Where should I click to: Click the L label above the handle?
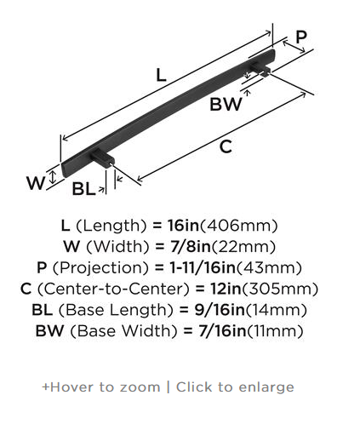pos(161,76)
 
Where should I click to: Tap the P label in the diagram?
pos(301,37)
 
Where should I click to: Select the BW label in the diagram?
pos(226,104)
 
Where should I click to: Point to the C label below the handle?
pos(226,147)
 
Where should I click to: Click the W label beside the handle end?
pos(36,183)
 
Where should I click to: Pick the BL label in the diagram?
pos(83,189)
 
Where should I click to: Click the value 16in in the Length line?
pos(184,226)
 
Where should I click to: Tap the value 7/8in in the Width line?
pos(191,246)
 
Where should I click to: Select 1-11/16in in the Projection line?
pos(203,267)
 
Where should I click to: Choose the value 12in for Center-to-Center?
pos(226,289)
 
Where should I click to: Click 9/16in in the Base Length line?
pos(220,310)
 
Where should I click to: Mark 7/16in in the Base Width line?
pos(222,331)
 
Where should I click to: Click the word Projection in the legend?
pos(100,267)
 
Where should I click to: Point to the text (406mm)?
pos(239,226)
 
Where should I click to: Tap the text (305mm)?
pos(280,289)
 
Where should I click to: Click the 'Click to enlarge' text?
pos(235,387)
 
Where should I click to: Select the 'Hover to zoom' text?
pos(101,387)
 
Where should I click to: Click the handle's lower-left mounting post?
pos(103,158)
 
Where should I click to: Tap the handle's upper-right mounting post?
pos(260,68)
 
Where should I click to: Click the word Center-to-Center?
pos(113,289)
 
